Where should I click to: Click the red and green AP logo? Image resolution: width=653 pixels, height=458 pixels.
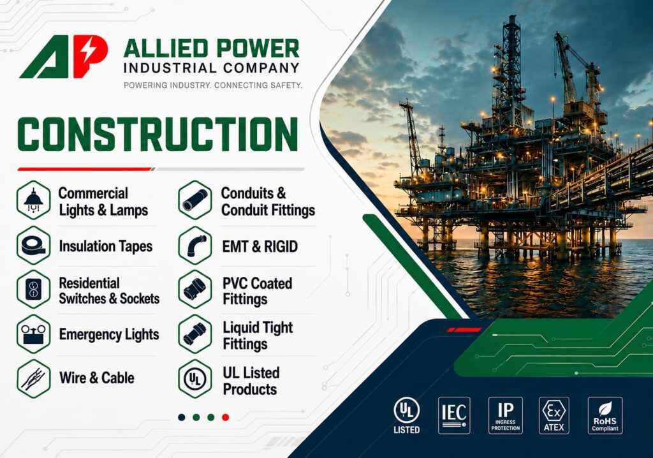click(x=63, y=56)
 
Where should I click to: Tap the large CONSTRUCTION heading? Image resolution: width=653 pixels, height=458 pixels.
click(x=158, y=134)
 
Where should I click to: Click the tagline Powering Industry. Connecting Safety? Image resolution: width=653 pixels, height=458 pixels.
click(x=213, y=85)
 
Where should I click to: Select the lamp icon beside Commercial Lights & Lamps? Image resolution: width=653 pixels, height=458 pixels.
click(x=33, y=200)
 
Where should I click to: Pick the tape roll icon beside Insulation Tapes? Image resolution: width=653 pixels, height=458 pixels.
click(x=33, y=246)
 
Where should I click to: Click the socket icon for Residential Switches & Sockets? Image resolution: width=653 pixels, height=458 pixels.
click(x=33, y=290)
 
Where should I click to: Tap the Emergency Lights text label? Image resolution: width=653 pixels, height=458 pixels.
click(x=108, y=334)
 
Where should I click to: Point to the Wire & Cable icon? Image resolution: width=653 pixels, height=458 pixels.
click(x=33, y=379)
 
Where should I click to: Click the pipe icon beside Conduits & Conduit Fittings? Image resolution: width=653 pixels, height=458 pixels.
click(x=195, y=200)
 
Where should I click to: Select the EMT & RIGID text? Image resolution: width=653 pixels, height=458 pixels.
click(x=260, y=246)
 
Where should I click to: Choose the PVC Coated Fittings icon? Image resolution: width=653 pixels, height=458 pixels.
click(x=195, y=290)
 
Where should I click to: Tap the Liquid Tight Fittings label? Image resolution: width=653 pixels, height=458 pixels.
click(x=258, y=336)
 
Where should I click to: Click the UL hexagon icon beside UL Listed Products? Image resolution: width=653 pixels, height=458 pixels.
click(x=195, y=379)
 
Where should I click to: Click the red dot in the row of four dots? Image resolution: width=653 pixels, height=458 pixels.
click(x=225, y=417)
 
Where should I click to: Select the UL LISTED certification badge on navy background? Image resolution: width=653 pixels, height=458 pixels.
click(x=406, y=415)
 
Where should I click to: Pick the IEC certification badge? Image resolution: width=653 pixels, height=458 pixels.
click(x=454, y=415)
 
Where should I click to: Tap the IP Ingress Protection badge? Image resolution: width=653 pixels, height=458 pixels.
click(x=505, y=415)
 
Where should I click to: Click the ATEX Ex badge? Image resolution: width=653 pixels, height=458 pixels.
click(x=554, y=415)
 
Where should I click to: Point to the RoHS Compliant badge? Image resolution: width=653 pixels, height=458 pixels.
click(x=605, y=415)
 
